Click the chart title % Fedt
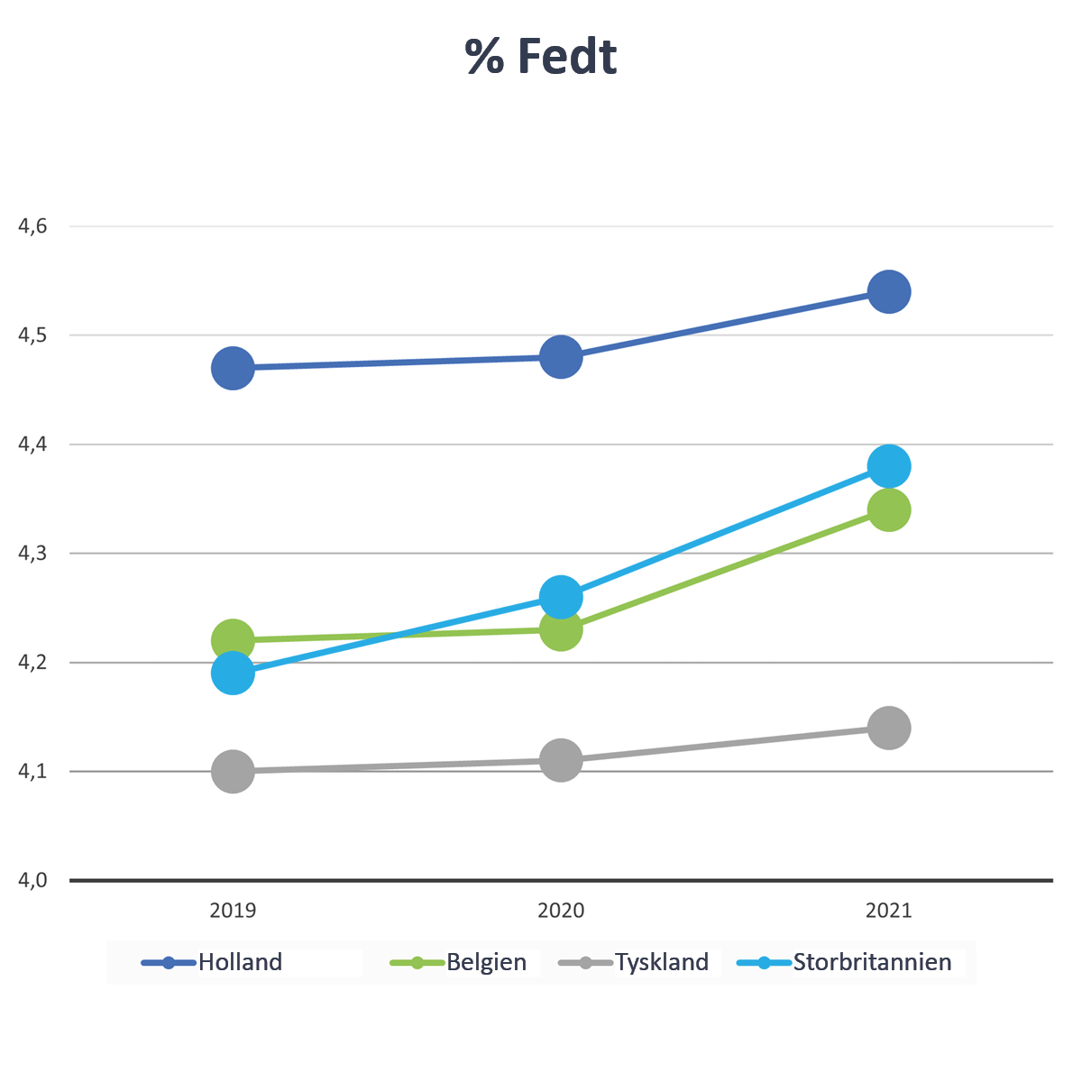tap(541, 57)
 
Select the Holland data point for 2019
tap(233, 368)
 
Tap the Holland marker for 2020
tap(561, 357)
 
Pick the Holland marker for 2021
tap(889, 291)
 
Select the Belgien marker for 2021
tap(889, 510)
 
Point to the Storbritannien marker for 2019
tap(233, 674)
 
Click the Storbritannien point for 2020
tap(561, 597)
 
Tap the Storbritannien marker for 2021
tap(889, 466)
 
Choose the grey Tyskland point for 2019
tap(233, 772)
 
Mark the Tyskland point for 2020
tap(561, 760)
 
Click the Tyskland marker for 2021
tap(889, 728)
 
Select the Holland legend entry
tap(240, 962)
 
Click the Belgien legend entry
tap(486, 962)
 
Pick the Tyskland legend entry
tap(662, 962)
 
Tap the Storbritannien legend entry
tap(872, 962)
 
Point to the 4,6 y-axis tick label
tap(33, 226)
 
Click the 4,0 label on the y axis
tap(33, 880)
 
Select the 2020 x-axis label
tap(561, 911)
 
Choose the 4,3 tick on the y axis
tap(33, 554)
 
